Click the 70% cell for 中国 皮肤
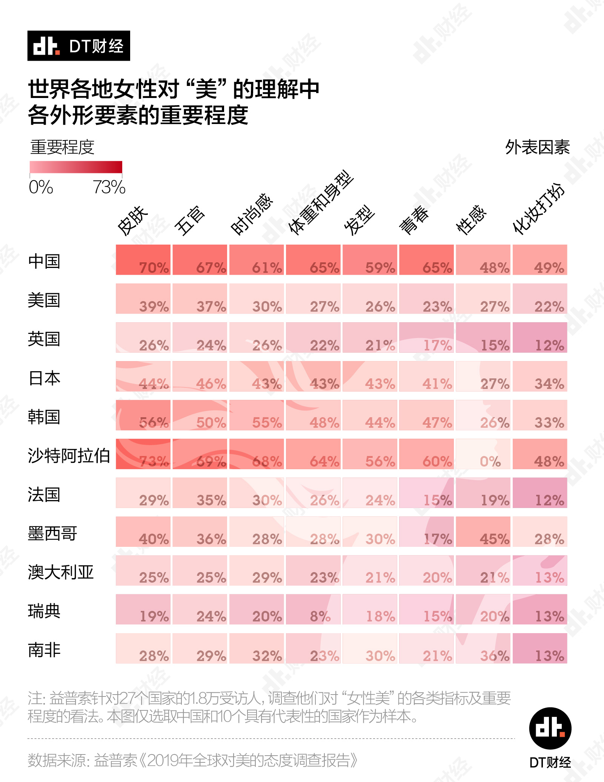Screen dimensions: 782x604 click(x=143, y=260)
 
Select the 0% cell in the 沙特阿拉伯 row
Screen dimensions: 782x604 click(x=483, y=454)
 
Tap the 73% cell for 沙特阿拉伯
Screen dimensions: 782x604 click(x=143, y=454)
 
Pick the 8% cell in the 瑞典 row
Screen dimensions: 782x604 click(x=313, y=609)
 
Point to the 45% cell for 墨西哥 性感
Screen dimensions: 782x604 click(x=483, y=532)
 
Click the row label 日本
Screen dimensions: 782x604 click(x=44, y=378)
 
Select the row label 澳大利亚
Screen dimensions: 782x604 click(x=61, y=572)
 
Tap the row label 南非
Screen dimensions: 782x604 click(x=44, y=650)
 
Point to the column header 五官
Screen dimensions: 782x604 click(x=190, y=220)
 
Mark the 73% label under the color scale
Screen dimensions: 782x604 click(x=109, y=187)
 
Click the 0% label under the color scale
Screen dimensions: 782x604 click(x=41, y=187)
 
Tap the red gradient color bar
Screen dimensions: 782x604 click(x=76, y=167)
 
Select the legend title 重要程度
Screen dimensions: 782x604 click(x=62, y=147)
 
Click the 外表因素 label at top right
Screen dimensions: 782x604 click(x=537, y=147)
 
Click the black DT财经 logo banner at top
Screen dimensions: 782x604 click(x=78, y=46)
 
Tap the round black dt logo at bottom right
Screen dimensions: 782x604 click(x=550, y=728)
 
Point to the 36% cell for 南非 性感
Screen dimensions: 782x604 click(x=483, y=648)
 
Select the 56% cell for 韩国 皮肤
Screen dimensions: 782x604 click(x=143, y=415)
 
